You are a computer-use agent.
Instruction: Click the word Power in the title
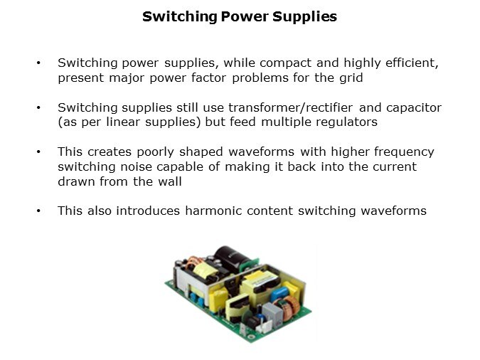pos(245,16)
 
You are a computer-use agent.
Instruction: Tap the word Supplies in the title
pos(304,17)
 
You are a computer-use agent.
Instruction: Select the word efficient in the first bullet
pos(412,63)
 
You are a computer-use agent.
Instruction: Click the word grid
pos(351,78)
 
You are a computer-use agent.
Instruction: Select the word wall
pos(170,181)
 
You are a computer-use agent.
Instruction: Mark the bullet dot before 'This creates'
pos(38,152)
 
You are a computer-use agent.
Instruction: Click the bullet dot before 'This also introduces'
pos(38,211)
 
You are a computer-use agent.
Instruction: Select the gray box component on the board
pos(272,314)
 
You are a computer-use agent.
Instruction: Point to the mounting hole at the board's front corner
pos(252,337)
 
